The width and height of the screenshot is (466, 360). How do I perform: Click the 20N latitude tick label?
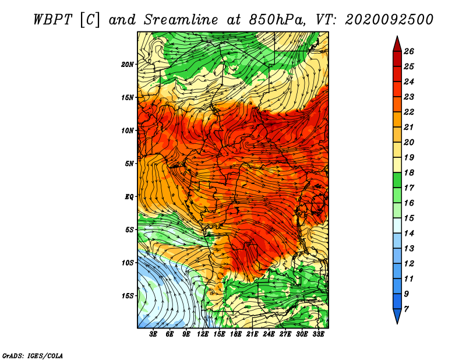point(128,65)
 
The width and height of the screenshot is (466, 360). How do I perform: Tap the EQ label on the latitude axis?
point(129,197)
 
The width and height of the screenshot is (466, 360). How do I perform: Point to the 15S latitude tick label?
point(128,296)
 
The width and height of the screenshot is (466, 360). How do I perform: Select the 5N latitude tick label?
point(129,164)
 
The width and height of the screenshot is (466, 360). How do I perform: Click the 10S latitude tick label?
point(128,263)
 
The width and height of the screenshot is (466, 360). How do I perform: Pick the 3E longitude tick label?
point(153,334)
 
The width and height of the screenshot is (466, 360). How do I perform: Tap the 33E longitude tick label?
point(318,334)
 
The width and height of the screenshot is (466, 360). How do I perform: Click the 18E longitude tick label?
point(236,334)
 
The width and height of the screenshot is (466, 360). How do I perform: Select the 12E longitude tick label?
point(203,334)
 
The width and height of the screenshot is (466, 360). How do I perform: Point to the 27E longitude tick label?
point(285,334)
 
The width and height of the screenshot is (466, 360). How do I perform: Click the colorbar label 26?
point(409,51)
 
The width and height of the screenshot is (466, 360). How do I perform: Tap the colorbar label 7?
point(406,309)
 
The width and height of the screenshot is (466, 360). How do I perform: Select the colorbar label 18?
point(409,172)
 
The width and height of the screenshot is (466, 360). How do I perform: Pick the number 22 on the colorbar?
point(409,112)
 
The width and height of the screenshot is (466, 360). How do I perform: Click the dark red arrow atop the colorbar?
point(397,45)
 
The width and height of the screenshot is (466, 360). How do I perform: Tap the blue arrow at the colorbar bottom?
point(397,316)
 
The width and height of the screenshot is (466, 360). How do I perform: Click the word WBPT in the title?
point(53,20)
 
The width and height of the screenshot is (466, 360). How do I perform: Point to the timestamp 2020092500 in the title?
point(389,20)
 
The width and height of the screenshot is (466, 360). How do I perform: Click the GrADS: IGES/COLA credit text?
point(33,355)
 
